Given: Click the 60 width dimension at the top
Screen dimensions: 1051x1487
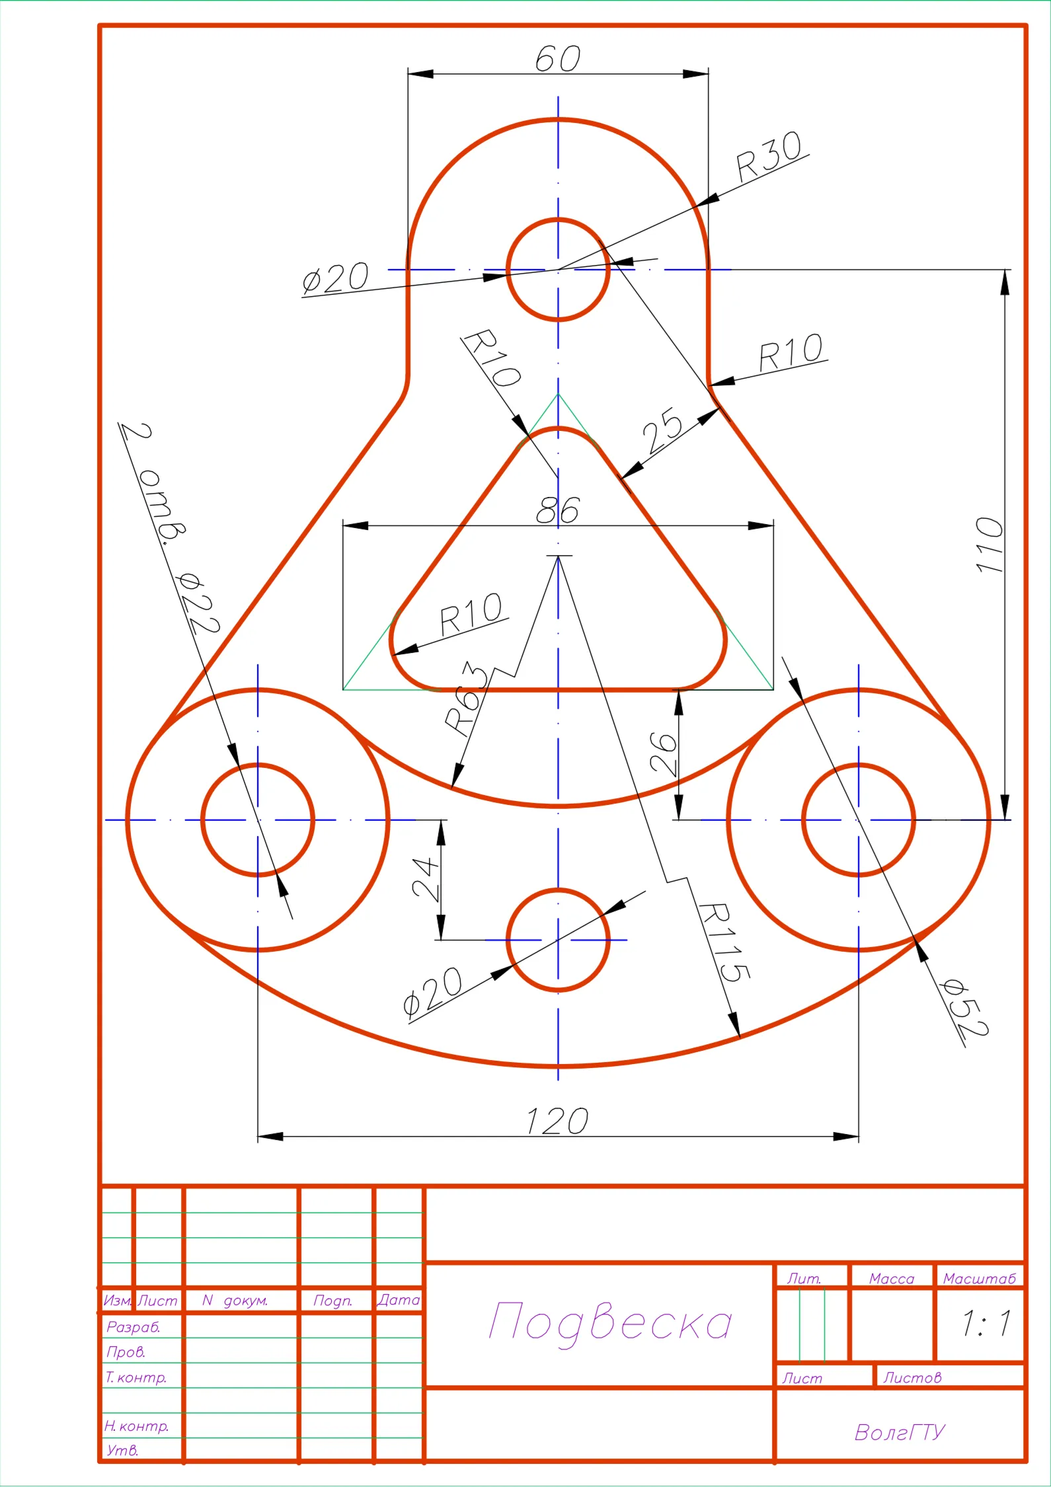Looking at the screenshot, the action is [558, 58].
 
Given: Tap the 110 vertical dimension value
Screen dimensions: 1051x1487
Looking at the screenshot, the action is [990, 545].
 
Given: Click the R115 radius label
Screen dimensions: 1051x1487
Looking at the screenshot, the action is [724, 942].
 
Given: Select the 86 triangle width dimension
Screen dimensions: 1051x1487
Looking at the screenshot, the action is [557, 510].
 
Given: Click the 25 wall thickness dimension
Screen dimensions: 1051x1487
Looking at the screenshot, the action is [662, 431].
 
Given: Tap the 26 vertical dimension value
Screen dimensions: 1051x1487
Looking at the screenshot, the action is [664, 753].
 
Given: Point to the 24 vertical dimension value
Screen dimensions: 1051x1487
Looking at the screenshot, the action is [426, 880].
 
